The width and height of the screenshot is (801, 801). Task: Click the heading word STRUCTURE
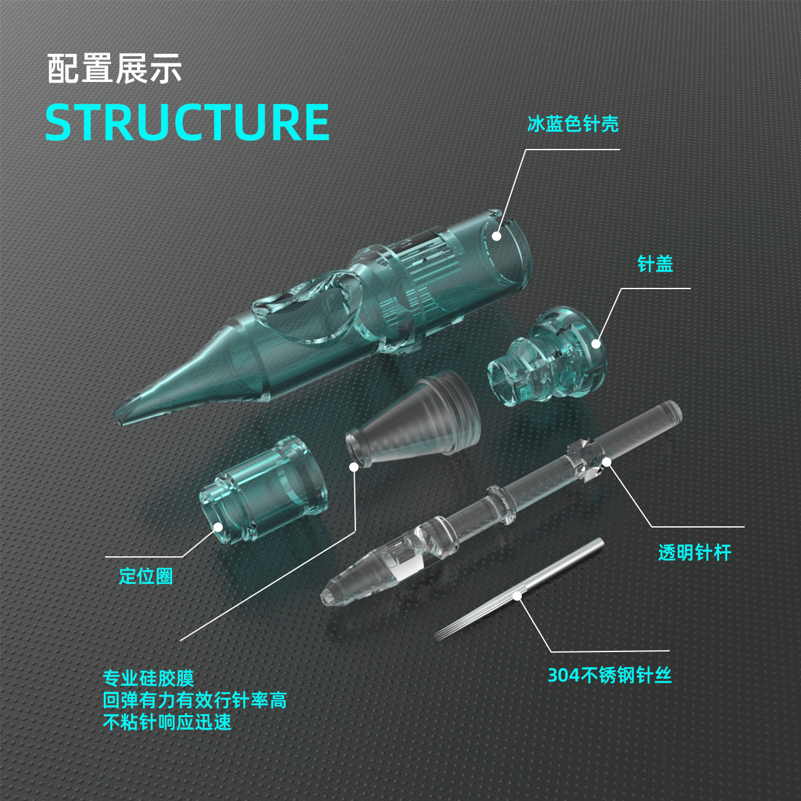(x=187, y=122)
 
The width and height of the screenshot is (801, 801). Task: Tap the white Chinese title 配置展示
(x=115, y=69)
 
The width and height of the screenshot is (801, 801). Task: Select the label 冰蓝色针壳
(x=573, y=124)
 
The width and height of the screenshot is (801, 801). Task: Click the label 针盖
(x=655, y=264)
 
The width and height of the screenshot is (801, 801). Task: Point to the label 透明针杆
(x=694, y=553)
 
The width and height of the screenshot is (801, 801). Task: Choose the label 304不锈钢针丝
(x=610, y=675)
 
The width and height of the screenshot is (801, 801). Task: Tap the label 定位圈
(x=146, y=576)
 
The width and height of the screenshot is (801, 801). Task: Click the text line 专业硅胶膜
(x=148, y=678)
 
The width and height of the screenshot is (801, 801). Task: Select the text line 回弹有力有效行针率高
(x=195, y=700)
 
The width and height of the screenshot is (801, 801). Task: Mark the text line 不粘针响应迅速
(x=167, y=722)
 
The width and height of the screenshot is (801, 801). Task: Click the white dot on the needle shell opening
(x=496, y=236)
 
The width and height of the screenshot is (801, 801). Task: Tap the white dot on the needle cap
(x=596, y=344)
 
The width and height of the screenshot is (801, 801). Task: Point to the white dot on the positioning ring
(x=218, y=527)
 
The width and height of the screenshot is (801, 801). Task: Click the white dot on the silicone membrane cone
(x=354, y=467)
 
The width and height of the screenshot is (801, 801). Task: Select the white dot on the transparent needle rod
(x=606, y=462)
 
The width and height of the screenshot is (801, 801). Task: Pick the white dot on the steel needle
(x=518, y=596)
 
